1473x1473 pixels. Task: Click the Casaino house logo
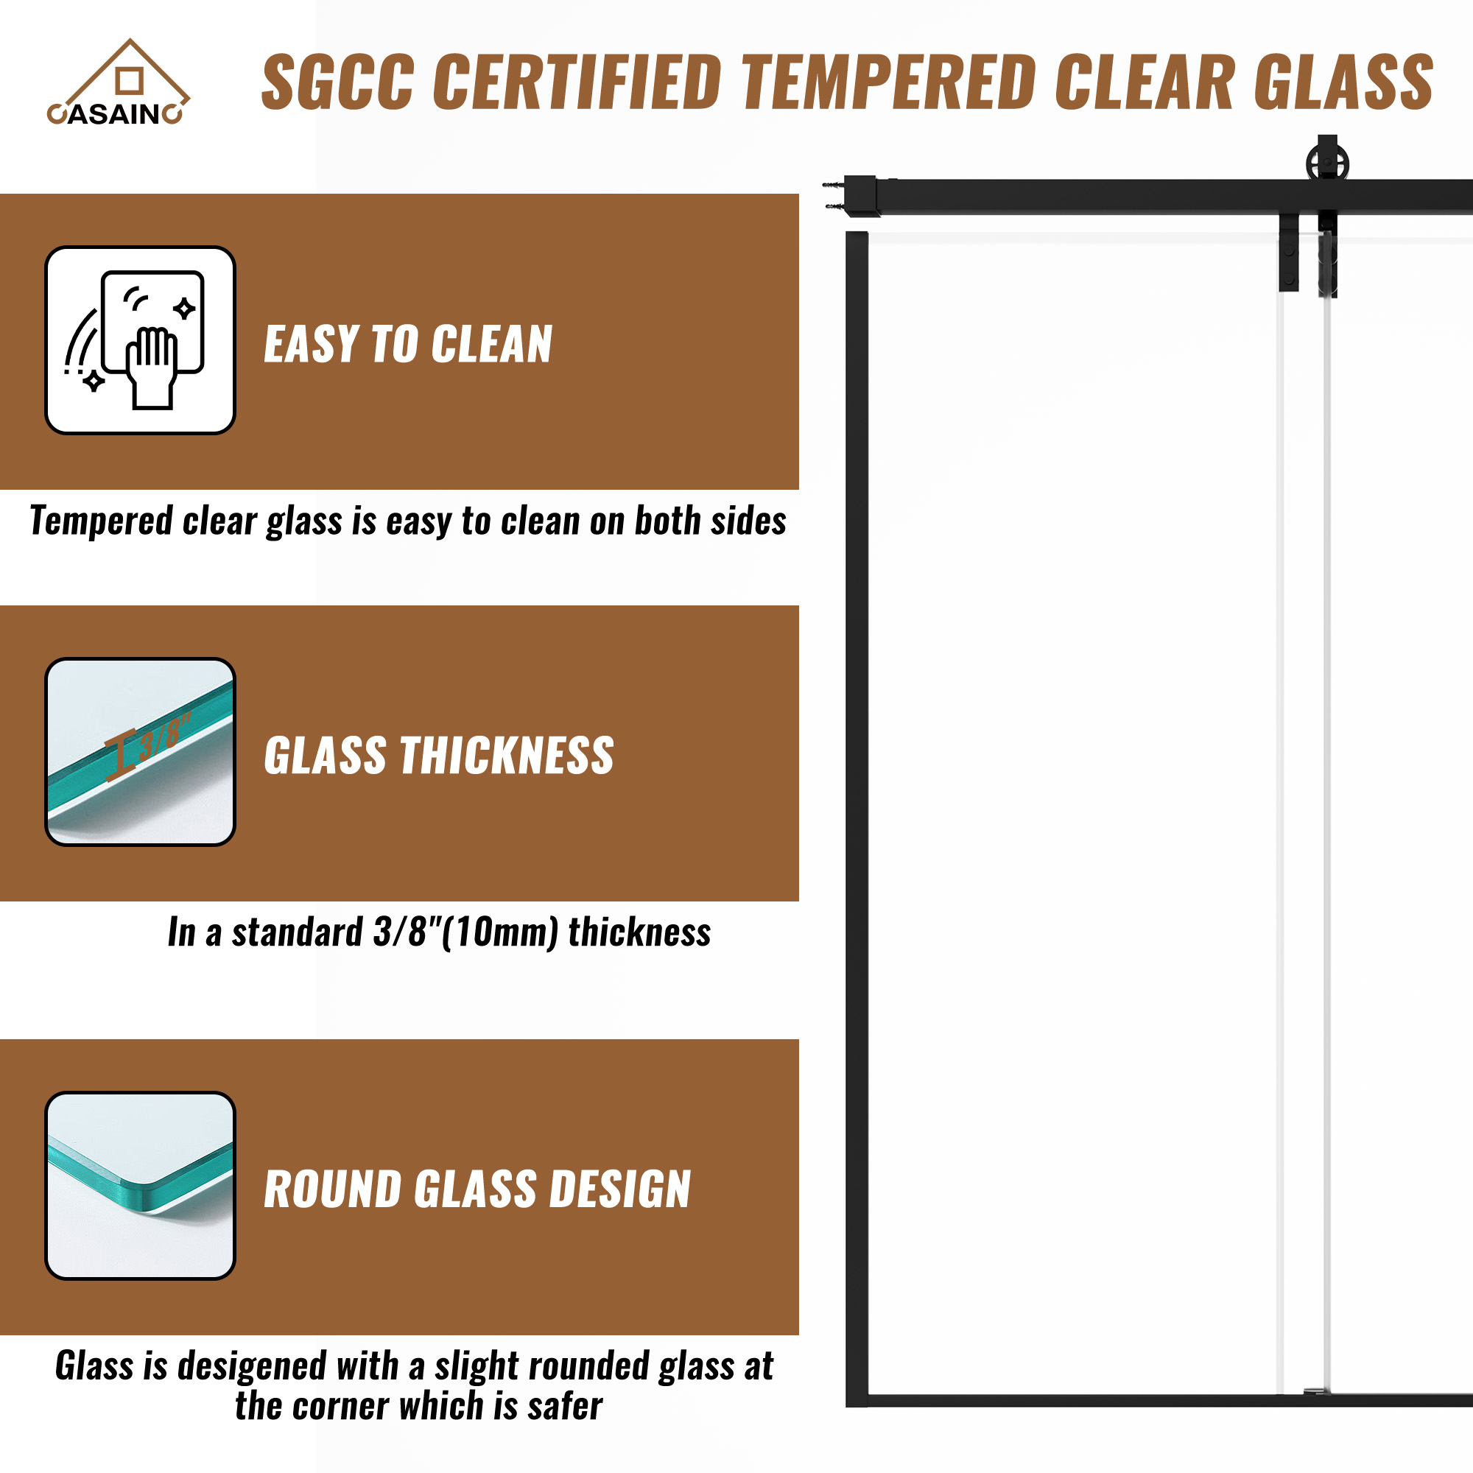pyautogui.click(x=118, y=82)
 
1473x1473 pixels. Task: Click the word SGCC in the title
pyautogui.click(x=338, y=82)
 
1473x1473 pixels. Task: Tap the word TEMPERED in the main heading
pyautogui.click(x=888, y=82)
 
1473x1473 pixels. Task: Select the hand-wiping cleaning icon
pyautogui.click(x=140, y=340)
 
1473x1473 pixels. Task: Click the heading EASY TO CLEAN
pyautogui.click(x=408, y=344)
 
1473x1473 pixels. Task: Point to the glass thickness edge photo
pyautogui.click(x=140, y=752)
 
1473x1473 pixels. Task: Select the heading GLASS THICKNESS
pyautogui.click(x=438, y=756)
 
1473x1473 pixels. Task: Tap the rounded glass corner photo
pyautogui.click(x=140, y=1186)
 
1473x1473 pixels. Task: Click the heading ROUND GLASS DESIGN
pyautogui.click(x=477, y=1189)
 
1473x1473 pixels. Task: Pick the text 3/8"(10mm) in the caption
pyautogui.click(x=466, y=932)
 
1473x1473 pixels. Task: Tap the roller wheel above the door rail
pyautogui.click(x=1327, y=161)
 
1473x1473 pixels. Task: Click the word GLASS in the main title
pyautogui.click(x=1344, y=82)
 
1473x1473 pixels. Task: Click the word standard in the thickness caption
pyautogui.click(x=298, y=932)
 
